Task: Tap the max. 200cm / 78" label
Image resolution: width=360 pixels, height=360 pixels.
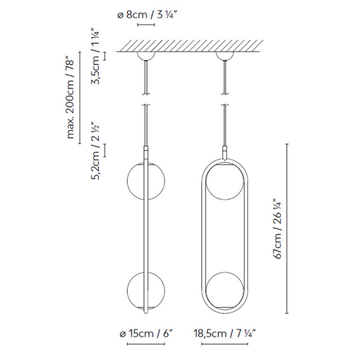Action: click(x=71, y=98)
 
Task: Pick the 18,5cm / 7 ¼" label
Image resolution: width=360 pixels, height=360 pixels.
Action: click(x=225, y=334)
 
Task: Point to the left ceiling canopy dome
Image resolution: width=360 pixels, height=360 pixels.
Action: click(x=146, y=55)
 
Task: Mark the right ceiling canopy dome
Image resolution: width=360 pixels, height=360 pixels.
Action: click(x=224, y=55)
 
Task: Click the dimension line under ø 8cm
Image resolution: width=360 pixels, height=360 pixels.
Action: click(x=146, y=25)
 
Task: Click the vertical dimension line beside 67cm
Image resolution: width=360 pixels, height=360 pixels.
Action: click(x=287, y=229)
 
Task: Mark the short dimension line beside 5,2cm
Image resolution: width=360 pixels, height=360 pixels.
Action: click(x=105, y=150)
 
